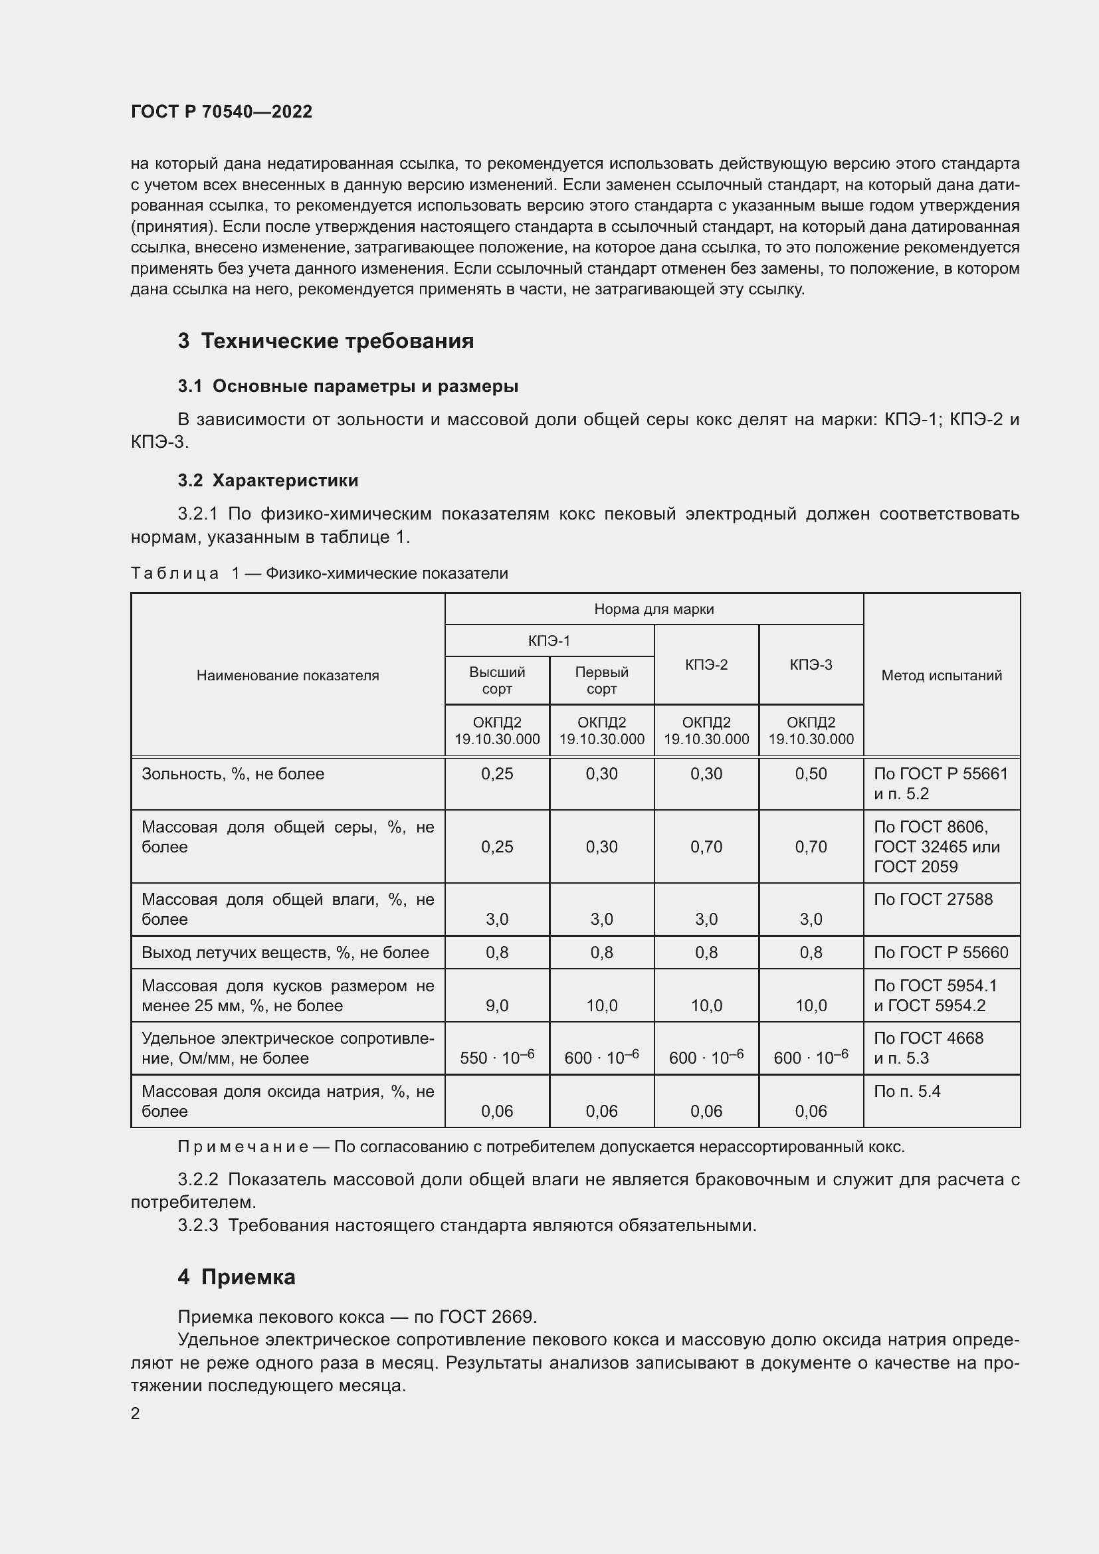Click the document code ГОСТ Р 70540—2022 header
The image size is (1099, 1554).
(x=221, y=112)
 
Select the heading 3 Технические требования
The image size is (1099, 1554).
(x=326, y=340)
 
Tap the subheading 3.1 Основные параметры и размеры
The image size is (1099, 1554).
(x=348, y=387)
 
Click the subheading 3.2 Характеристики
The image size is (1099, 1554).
(x=268, y=480)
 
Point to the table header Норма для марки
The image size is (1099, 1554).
(x=654, y=609)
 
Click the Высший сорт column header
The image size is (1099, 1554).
(x=497, y=680)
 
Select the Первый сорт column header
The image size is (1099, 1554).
(x=601, y=680)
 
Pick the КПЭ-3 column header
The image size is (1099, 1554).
(x=811, y=664)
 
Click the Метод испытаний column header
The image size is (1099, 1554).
(x=942, y=675)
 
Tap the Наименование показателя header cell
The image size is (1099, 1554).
(x=288, y=675)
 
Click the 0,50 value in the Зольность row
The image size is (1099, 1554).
(x=811, y=773)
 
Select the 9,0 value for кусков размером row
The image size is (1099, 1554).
(x=497, y=1006)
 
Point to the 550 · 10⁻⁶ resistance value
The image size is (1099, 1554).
(x=497, y=1057)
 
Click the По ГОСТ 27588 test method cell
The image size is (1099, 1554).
(x=933, y=900)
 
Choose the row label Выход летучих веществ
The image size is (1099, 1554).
(x=285, y=953)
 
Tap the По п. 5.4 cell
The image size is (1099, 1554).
(x=907, y=1092)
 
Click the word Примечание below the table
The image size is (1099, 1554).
(x=243, y=1147)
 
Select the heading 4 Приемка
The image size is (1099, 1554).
(x=236, y=1277)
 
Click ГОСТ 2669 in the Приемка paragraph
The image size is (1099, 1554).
(x=487, y=1317)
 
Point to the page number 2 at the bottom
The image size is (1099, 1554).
(x=136, y=1413)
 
